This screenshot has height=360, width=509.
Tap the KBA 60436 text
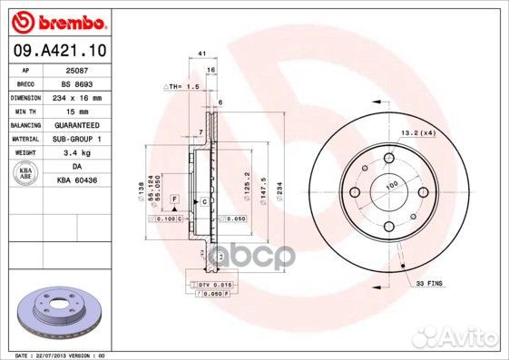point(76,180)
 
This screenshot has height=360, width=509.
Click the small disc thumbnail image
point(60,312)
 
